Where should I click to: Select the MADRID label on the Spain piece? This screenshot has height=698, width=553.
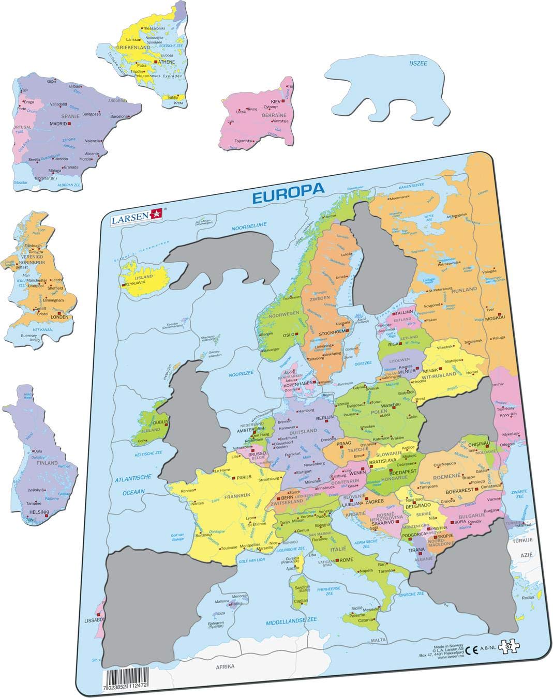(x=58, y=124)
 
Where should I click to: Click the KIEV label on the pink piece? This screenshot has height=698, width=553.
(x=275, y=101)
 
